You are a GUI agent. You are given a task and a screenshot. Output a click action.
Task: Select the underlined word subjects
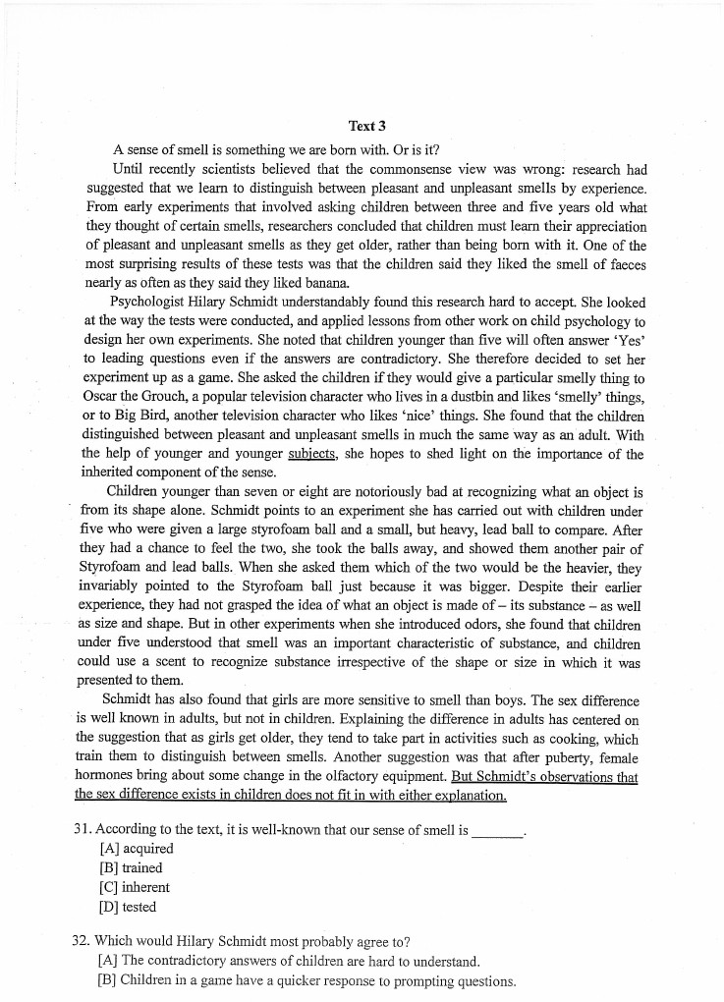[x=312, y=454]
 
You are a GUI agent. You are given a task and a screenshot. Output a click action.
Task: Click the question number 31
[x=84, y=829]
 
